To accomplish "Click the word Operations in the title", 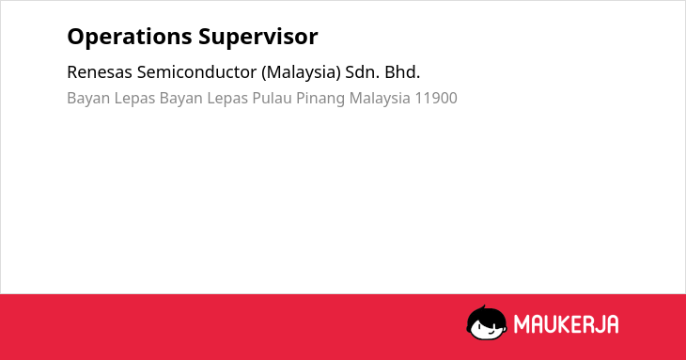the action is click(x=130, y=37).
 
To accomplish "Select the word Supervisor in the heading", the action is click(x=258, y=37).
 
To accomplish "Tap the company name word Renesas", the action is click(x=100, y=72).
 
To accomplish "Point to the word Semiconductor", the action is click(x=196, y=72).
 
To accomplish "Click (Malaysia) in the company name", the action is click(x=301, y=72).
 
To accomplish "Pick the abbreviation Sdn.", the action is click(x=362, y=72).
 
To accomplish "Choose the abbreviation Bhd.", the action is click(x=402, y=72).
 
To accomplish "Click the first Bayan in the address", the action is click(x=88, y=99).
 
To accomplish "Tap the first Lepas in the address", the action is click(x=134, y=99).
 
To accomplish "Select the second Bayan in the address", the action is click(x=181, y=99).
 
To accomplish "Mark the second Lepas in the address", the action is click(x=227, y=99).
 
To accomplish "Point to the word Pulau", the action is click(x=273, y=98).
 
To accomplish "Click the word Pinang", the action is click(x=320, y=99).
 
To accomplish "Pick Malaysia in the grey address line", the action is click(x=380, y=99).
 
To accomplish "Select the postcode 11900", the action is click(x=436, y=98).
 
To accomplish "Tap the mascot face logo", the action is click(x=487, y=322).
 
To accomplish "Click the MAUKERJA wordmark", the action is click(x=566, y=324).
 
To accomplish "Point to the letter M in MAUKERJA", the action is click(x=522, y=324).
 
